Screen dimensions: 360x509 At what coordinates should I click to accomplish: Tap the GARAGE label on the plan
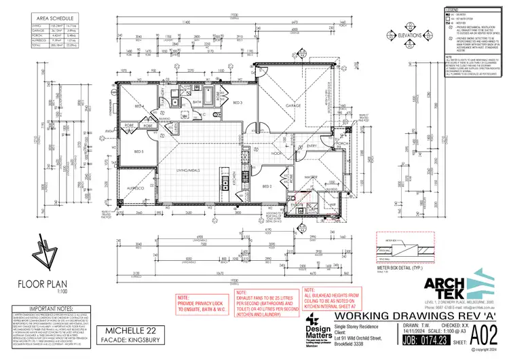[294, 107]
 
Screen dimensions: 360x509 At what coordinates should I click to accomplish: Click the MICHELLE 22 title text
[134, 328]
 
